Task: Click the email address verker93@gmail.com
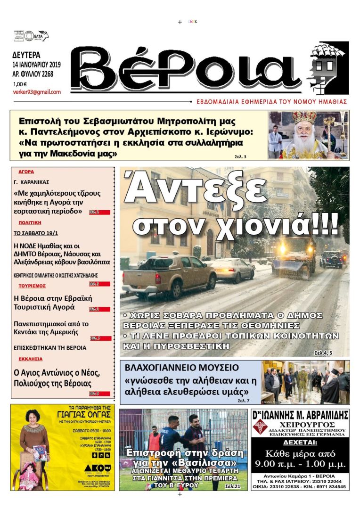(x=37, y=92)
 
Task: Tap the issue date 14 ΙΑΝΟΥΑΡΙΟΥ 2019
(x=40, y=65)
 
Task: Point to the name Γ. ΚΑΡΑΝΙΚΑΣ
(x=32, y=182)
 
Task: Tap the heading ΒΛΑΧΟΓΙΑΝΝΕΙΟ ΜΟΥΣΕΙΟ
(x=182, y=368)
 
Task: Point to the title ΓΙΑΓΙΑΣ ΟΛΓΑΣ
(x=83, y=415)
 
